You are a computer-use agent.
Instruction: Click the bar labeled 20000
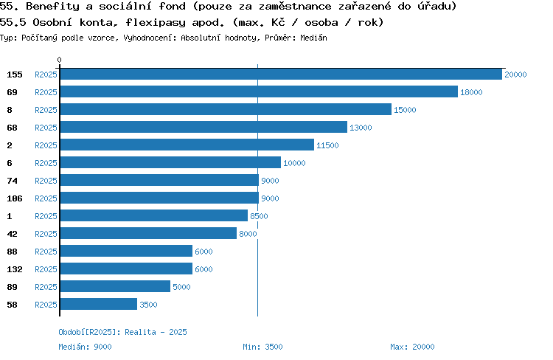coord(281,74)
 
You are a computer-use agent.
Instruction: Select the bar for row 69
coord(259,91)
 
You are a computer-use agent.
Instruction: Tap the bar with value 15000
coord(226,109)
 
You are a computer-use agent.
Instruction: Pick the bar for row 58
coord(99,304)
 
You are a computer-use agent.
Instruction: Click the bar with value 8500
coord(154,215)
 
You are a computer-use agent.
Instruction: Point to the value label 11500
coord(327,145)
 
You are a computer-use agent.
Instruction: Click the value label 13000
coord(361,128)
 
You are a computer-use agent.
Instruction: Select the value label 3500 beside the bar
coord(148,305)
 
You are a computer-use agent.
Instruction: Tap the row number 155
coord(15,75)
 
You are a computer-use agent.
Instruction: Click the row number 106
coord(15,198)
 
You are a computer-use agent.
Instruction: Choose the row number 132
coord(15,269)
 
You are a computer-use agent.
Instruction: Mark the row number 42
coord(12,234)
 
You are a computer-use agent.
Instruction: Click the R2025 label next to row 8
coord(46,110)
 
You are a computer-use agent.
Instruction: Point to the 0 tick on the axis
coord(59,60)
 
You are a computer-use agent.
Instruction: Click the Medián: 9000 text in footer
coord(85,347)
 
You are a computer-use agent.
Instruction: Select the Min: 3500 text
coord(262,347)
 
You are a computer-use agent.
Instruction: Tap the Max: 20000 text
coord(412,347)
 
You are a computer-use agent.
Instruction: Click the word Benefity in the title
coord(53,6)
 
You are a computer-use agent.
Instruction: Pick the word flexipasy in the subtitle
coord(155,23)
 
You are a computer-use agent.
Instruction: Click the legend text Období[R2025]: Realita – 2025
coord(122,332)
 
